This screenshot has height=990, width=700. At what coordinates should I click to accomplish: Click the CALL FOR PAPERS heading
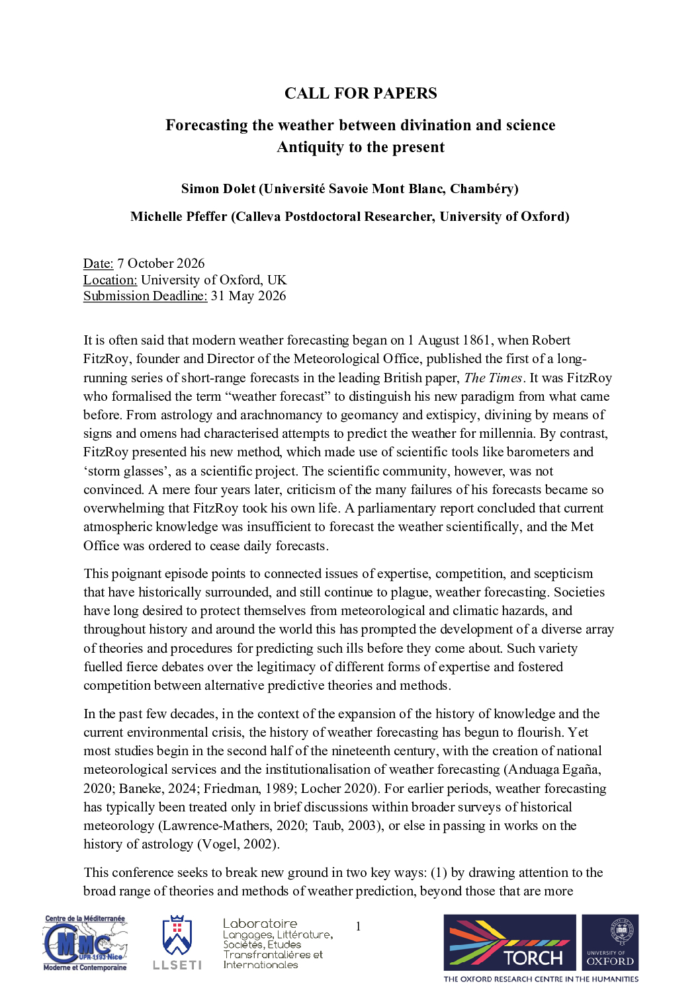tap(361, 93)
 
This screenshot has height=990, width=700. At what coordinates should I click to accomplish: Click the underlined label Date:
tap(98, 263)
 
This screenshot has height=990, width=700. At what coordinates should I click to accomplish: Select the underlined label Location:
tap(110, 280)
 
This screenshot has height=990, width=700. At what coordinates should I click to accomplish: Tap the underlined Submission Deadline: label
tap(145, 296)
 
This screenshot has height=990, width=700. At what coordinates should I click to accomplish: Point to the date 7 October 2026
tap(161, 263)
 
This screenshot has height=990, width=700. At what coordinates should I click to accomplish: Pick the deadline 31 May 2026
tap(248, 296)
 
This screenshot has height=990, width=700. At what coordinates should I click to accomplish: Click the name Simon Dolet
tap(218, 188)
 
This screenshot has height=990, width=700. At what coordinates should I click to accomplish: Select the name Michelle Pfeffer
tap(179, 216)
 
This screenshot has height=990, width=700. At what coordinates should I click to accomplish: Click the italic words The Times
tap(493, 378)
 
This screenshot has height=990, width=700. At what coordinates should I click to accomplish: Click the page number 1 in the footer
tap(358, 927)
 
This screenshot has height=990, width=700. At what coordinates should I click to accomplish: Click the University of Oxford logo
tap(610, 942)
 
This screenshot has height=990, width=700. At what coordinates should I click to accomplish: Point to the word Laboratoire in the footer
tap(260, 923)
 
